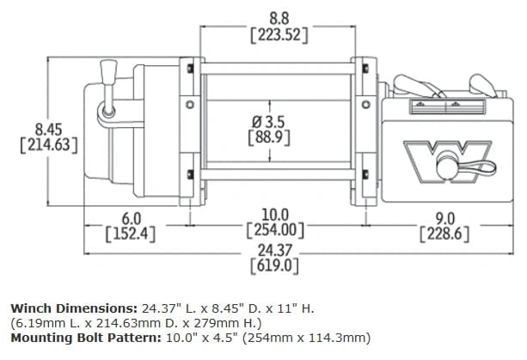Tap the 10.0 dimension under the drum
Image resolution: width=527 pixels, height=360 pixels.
[276, 213]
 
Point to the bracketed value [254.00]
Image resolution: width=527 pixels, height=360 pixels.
[276, 229]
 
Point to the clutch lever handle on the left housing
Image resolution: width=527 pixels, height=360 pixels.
[108, 72]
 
